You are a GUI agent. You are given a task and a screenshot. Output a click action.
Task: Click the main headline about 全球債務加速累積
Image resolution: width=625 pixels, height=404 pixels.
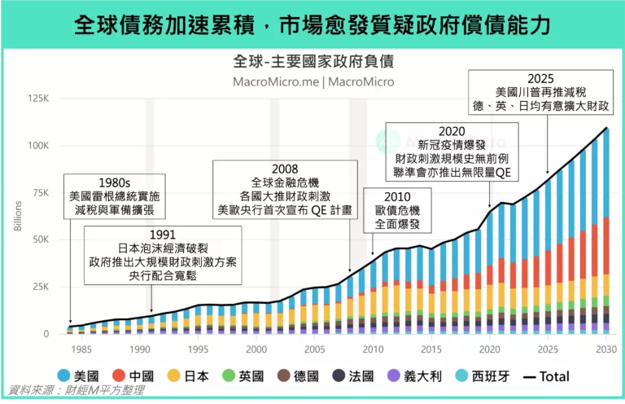(312, 25)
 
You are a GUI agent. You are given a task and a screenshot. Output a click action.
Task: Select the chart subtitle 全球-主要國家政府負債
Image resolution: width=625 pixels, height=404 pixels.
(312, 62)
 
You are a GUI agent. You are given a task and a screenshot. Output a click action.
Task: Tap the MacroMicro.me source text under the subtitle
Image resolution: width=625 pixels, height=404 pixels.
(312, 81)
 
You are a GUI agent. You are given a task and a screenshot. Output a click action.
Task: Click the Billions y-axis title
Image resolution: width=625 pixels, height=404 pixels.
(18, 213)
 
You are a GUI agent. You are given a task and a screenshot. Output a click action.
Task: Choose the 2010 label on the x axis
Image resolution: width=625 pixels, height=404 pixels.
(372, 349)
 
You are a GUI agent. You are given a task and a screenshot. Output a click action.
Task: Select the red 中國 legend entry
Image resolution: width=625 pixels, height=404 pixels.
(132, 375)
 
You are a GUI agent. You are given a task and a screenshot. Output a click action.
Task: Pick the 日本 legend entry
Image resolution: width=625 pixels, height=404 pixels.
(187, 375)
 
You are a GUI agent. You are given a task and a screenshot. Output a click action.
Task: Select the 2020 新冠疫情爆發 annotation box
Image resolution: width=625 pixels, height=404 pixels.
(452, 153)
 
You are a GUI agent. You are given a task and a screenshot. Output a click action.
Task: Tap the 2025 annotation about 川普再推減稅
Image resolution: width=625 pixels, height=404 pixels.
(540, 92)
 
